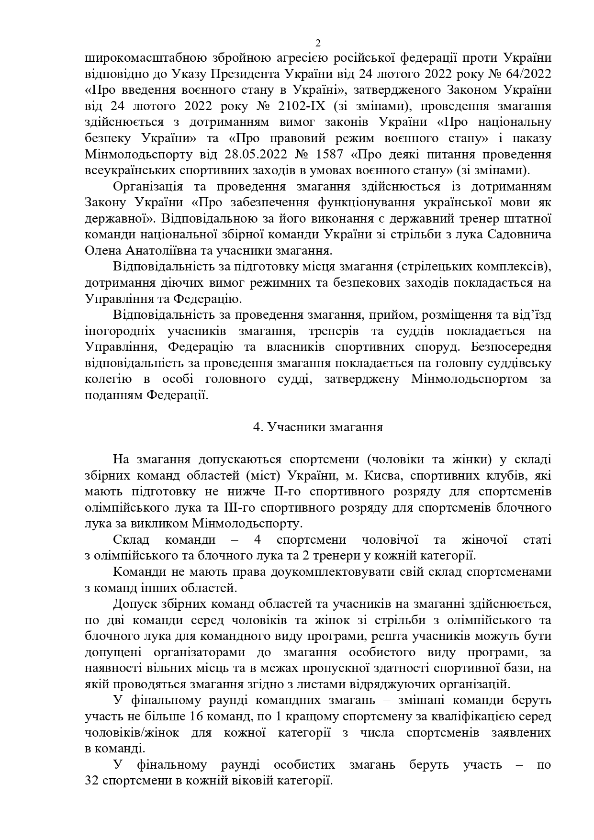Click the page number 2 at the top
pyautogui.click(x=318, y=44)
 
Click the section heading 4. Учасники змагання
pyautogui.click(x=318, y=427)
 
